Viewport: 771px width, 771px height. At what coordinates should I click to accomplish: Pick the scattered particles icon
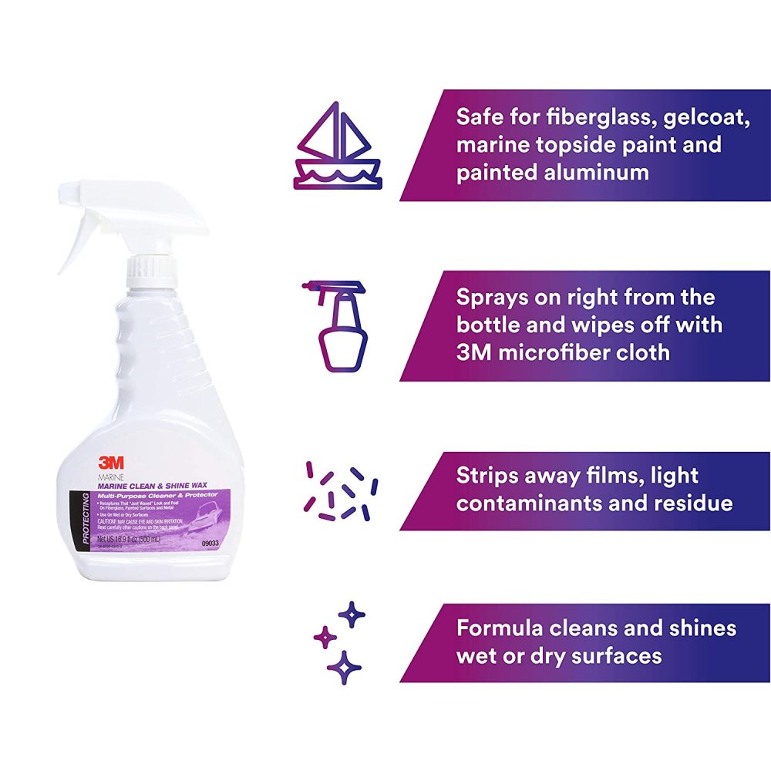pyautogui.click(x=341, y=491)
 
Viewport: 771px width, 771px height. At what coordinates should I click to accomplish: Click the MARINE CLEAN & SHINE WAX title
pyautogui.click(x=151, y=485)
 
